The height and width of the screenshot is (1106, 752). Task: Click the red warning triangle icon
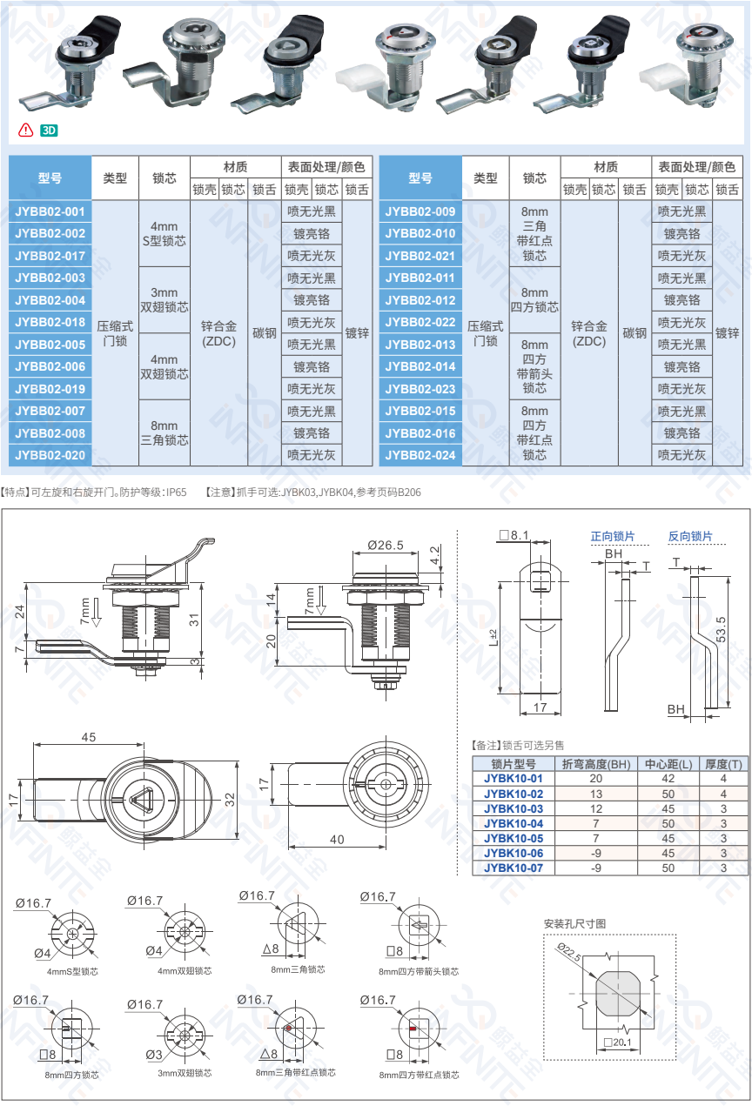25,130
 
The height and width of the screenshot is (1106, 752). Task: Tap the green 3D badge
49,131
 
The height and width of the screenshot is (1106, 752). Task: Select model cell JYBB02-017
50,256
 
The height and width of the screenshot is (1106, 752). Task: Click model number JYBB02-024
420,455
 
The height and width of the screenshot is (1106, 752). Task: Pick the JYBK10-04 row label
514,823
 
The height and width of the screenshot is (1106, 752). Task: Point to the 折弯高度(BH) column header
596,764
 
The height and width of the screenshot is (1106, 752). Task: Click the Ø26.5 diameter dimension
386,545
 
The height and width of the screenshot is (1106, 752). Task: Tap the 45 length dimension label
89,737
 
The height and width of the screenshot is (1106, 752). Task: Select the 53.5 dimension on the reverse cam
721,629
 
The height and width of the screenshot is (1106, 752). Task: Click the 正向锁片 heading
612,536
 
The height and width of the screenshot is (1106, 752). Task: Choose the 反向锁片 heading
690,536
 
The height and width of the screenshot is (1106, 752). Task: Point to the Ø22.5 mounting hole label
569,951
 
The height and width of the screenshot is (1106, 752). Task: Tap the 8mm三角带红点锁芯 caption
296,1072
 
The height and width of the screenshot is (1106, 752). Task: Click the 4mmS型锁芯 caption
72,971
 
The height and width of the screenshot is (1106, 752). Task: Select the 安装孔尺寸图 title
574,924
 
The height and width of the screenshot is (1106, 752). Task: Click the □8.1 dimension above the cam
514,535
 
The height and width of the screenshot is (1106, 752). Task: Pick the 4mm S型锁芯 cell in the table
164,233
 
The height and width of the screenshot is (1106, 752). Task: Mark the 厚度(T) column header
723,764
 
